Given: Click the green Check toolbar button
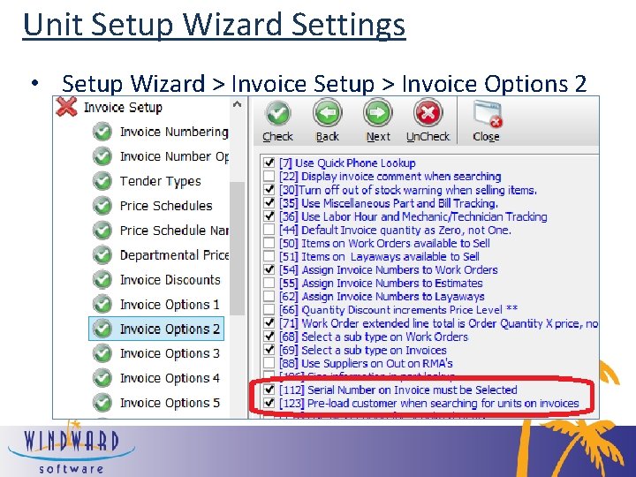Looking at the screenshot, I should tap(277, 120).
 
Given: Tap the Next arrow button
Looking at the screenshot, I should tap(378, 120).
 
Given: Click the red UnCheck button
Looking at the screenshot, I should tap(428, 120).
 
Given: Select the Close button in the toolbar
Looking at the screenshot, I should tap(486, 120).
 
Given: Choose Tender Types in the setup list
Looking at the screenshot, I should tap(160, 181).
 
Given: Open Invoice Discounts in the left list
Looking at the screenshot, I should tap(170, 280).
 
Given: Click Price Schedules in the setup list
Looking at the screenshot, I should tap(166, 206).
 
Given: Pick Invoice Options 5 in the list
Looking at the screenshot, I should tap(170, 403).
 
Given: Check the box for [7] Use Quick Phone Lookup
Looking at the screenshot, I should tap(269, 163).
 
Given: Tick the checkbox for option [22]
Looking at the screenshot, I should tap(269, 177).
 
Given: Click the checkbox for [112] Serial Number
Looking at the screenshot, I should tap(269, 390).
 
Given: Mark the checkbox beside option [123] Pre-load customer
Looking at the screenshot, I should tap(269, 404).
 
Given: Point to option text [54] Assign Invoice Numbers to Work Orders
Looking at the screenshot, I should tap(400, 269).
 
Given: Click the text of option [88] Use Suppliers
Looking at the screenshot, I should tap(377, 363).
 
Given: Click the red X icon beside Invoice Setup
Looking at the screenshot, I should tap(66, 107).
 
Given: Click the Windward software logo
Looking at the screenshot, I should tap(71, 448).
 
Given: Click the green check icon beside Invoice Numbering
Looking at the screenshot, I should tap(102, 132).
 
